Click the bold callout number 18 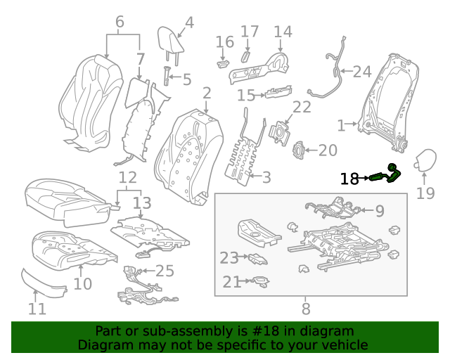(x=349, y=179)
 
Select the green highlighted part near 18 (x=385, y=174)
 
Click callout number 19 (x=426, y=193)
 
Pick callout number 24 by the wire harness (x=361, y=71)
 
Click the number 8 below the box (x=306, y=308)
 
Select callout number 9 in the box (x=380, y=210)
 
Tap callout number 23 (x=229, y=258)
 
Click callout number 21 (x=232, y=282)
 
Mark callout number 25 (x=164, y=271)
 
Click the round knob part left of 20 (x=299, y=150)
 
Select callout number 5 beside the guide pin (x=186, y=79)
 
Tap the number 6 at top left (x=120, y=22)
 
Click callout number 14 (x=283, y=32)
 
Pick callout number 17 (x=250, y=32)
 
